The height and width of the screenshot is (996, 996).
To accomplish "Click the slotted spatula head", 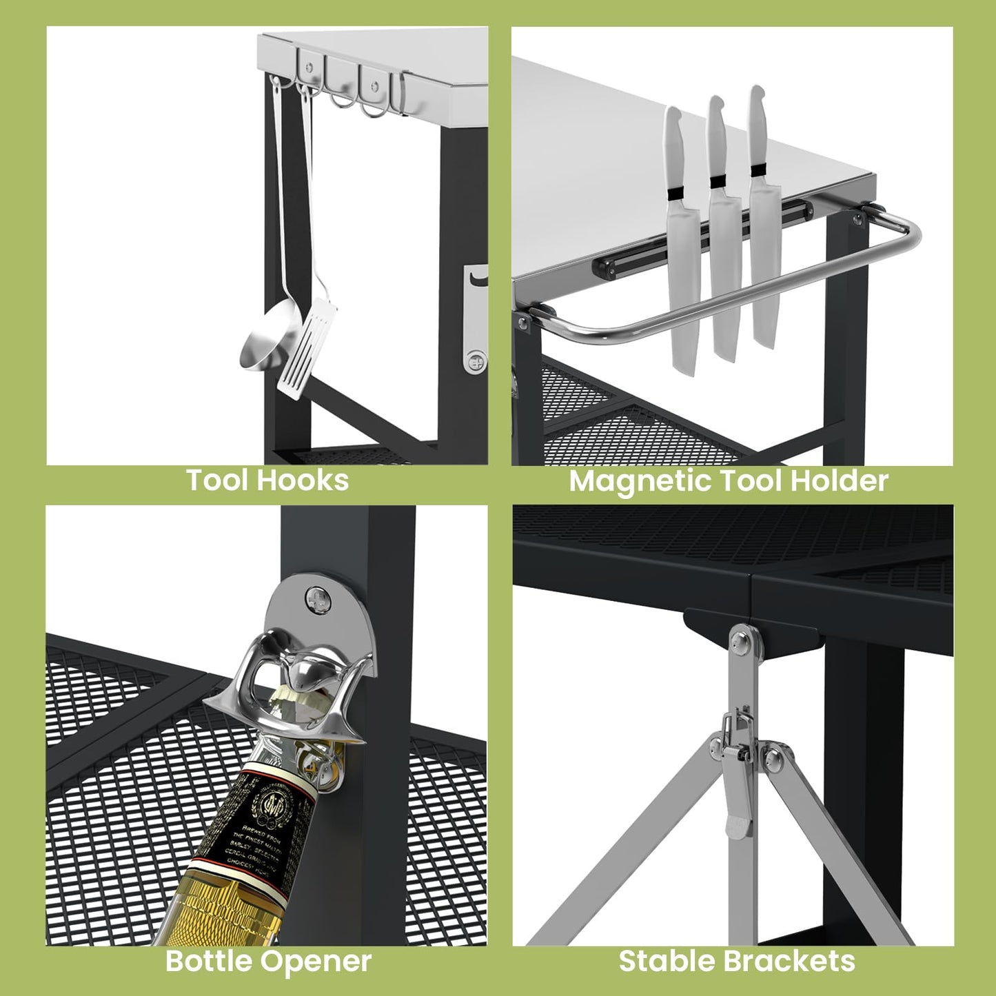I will click(x=308, y=354).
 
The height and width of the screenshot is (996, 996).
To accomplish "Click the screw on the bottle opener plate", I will click(x=318, y=597).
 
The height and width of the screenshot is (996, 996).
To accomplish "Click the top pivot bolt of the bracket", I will click(x=742, y=640).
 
